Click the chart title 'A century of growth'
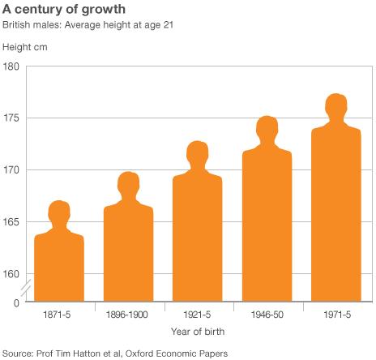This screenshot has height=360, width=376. pos(66,10)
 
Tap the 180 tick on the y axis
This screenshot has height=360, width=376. pos(11,66)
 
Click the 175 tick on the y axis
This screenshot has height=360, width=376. pos(11,118)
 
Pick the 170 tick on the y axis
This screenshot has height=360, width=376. pos(11,170)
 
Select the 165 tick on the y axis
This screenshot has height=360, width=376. pos(11,222)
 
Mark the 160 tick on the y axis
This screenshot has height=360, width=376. pos(11,274)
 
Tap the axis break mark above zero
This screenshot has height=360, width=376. pos(25,286)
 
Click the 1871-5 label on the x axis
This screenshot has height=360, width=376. pos(59,311)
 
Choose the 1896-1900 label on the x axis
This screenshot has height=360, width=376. pos(129,311)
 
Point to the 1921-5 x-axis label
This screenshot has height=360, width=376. pos(198,311)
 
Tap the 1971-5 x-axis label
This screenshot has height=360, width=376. pos(336,311)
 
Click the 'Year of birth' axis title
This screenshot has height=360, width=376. pos(198,331)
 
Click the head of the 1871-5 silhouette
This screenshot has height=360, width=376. pos(59,212)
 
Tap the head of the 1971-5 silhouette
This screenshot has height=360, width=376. pos(336,107)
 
